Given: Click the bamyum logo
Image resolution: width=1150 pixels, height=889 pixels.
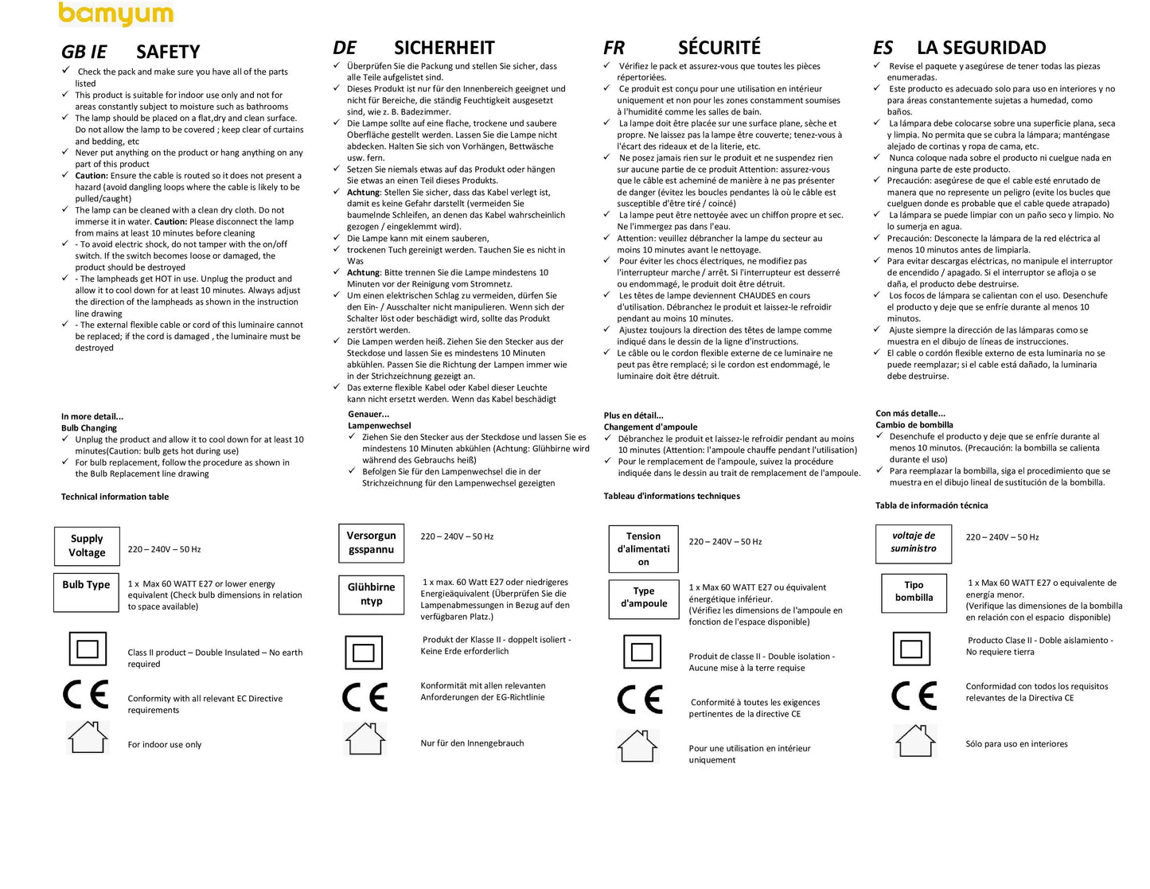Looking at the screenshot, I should point(115,14).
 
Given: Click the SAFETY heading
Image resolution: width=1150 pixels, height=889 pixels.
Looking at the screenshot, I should point(168,53).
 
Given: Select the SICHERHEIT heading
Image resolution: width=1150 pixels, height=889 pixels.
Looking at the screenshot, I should point(444,48).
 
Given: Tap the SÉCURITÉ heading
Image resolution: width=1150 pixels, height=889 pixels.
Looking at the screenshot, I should point(719,48).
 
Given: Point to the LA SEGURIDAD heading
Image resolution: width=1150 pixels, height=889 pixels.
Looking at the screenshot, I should point(981,48).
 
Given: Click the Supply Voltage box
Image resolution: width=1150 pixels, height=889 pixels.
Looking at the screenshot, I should point(87,546).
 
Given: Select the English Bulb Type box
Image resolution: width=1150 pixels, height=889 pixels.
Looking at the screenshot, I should point(86,591).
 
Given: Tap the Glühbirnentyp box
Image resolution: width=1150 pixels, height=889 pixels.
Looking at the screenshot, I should point(371,595).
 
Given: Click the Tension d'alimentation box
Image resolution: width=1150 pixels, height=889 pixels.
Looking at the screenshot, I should point(643,549).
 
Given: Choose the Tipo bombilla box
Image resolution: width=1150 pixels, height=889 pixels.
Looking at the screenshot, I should point(914,591).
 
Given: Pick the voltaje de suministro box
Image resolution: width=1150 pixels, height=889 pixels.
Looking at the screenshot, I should point(913,542).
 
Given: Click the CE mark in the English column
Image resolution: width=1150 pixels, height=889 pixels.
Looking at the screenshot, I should point(86,695).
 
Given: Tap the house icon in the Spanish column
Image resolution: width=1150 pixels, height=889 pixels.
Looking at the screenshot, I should point(914,741).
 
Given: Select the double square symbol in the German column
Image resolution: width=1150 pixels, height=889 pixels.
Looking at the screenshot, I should point(363,653).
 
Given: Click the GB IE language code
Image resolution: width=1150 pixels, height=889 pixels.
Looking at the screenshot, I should point(84,53).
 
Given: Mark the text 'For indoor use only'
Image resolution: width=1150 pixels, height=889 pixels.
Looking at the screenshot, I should point(165,745).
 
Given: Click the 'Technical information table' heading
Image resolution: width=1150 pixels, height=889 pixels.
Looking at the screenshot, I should point(115,497).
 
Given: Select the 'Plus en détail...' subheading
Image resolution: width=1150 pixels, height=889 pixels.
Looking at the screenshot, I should point(633,415).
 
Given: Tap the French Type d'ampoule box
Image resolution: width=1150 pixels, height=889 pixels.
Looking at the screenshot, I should point(643,597).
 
